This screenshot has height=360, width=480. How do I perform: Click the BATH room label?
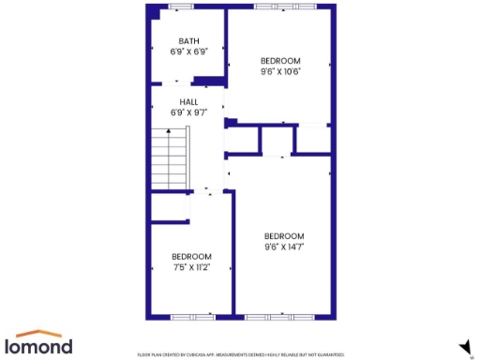(x=189, y=40)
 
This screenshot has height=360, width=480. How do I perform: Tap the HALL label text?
(x=188, y=101)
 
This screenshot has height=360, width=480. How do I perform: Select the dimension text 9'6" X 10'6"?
(x=280, y=71)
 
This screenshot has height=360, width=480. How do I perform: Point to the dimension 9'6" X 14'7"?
(x=284, y=247)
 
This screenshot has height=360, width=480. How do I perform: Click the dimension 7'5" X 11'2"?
(x=190, y=266)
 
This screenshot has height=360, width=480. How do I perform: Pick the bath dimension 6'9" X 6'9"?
(x=189, y=52)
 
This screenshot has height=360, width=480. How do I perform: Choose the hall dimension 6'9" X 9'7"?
(x=188, y=112)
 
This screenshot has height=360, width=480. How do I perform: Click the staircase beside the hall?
(x=171, y=157)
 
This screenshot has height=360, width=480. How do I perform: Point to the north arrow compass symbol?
(x=464, y=348)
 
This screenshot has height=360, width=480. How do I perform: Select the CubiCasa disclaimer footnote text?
(x=241, y=355)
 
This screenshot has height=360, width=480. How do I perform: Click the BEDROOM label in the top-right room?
(x=280, y=60)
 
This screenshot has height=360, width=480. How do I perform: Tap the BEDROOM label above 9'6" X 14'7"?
(x=284, y=235)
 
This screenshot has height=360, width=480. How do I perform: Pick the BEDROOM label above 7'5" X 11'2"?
(x=190, y=255)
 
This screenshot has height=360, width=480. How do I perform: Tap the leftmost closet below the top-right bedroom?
(x=244, y=139)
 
